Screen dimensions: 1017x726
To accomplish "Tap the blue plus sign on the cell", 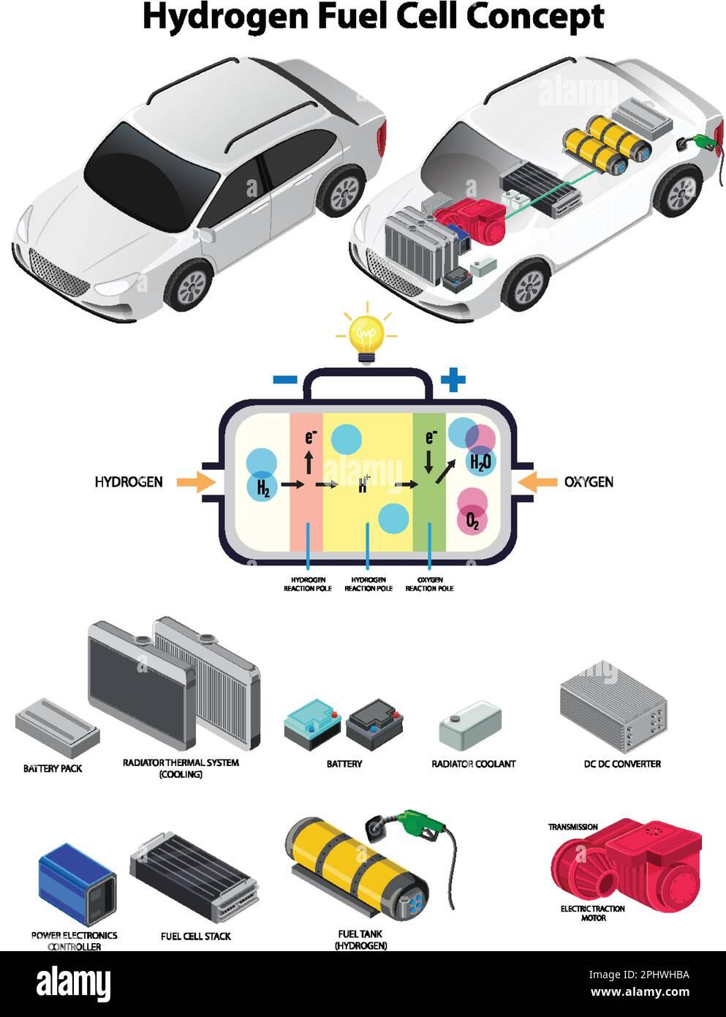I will pos(453,379).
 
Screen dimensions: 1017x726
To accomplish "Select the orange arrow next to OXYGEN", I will pos(539,481).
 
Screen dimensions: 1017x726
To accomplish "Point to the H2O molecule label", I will pos(481,461).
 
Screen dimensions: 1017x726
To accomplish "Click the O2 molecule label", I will pos(472,521).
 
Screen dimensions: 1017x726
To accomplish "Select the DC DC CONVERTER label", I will pos(621,764).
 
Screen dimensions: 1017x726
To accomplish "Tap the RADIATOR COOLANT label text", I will pos(473,764).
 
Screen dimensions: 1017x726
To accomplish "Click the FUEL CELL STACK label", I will pos(195,936).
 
